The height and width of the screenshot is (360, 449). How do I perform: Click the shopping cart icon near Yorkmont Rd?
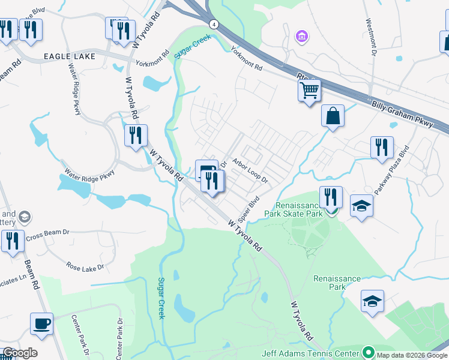[310, 91]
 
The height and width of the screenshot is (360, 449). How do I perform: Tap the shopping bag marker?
[333, 115]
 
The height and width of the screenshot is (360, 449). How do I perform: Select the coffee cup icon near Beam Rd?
[42, 324]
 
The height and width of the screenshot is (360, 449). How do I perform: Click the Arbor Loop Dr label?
[250, 170]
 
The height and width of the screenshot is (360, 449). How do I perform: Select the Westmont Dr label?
[370, 37]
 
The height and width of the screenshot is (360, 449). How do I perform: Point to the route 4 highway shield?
[213, 24]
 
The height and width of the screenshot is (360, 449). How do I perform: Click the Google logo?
[20, 353]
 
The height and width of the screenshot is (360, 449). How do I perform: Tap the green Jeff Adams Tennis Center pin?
[369, 353]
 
